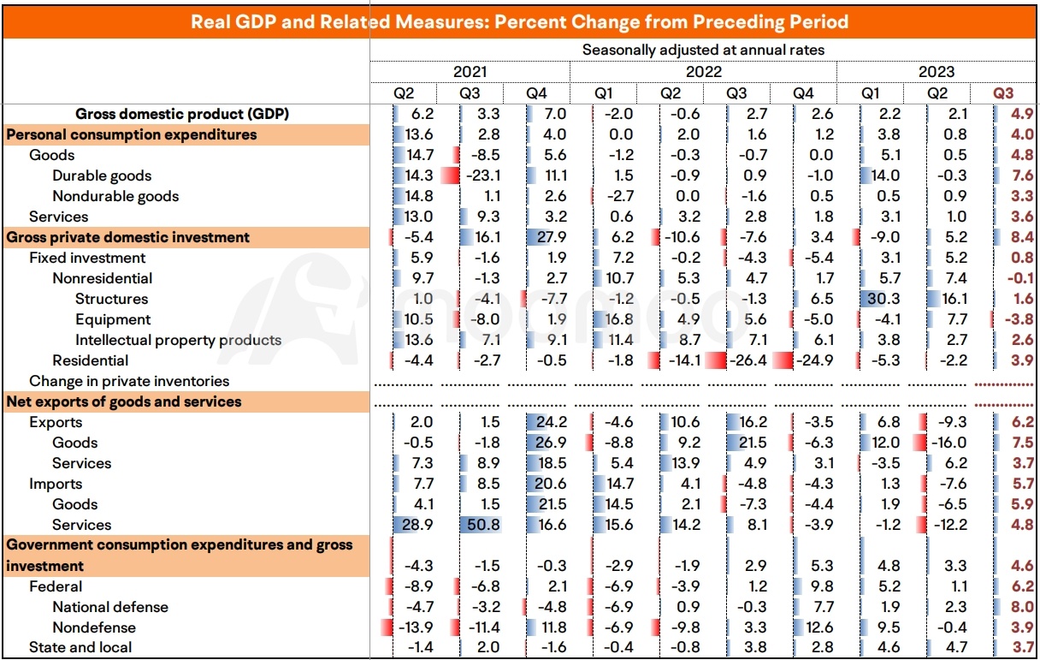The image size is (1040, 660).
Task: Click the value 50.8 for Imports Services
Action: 483,525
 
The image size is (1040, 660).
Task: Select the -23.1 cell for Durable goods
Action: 483,175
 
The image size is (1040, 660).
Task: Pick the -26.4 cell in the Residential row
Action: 748,360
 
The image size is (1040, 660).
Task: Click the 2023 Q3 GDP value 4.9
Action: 1022,114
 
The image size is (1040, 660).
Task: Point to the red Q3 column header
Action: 1003,93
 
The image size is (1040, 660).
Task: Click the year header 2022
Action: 703,72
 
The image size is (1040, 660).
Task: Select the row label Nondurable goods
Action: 115,196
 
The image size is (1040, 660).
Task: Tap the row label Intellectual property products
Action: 178,340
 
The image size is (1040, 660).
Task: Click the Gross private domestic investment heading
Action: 127,237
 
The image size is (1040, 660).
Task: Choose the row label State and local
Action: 80,647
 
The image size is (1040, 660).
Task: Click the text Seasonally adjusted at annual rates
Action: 703,50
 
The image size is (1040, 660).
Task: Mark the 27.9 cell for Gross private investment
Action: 552,237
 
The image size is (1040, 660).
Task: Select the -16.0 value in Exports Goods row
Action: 949,443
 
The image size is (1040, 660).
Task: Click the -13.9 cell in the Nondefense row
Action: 416,627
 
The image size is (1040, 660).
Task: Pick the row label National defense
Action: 110,607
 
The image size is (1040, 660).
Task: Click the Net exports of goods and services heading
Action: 124,401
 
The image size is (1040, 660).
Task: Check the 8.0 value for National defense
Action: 1022,607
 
